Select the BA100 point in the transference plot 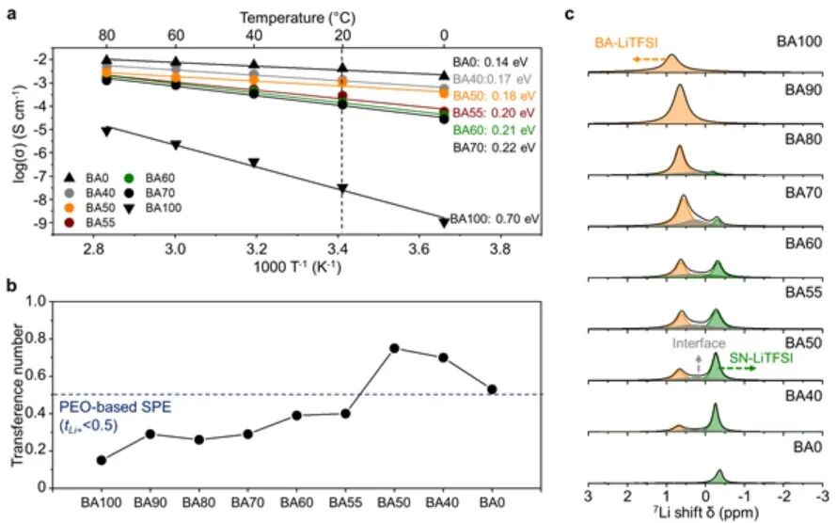point(101,460)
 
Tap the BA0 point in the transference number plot point(492,389)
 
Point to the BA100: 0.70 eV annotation point(495,218)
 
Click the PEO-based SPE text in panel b point(101,406)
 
